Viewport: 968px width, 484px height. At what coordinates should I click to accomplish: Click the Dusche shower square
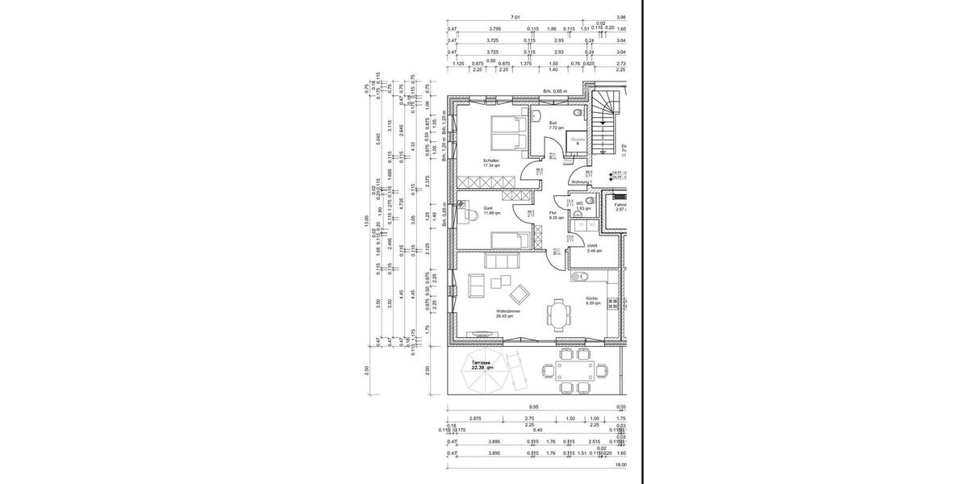coord(578,140)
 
